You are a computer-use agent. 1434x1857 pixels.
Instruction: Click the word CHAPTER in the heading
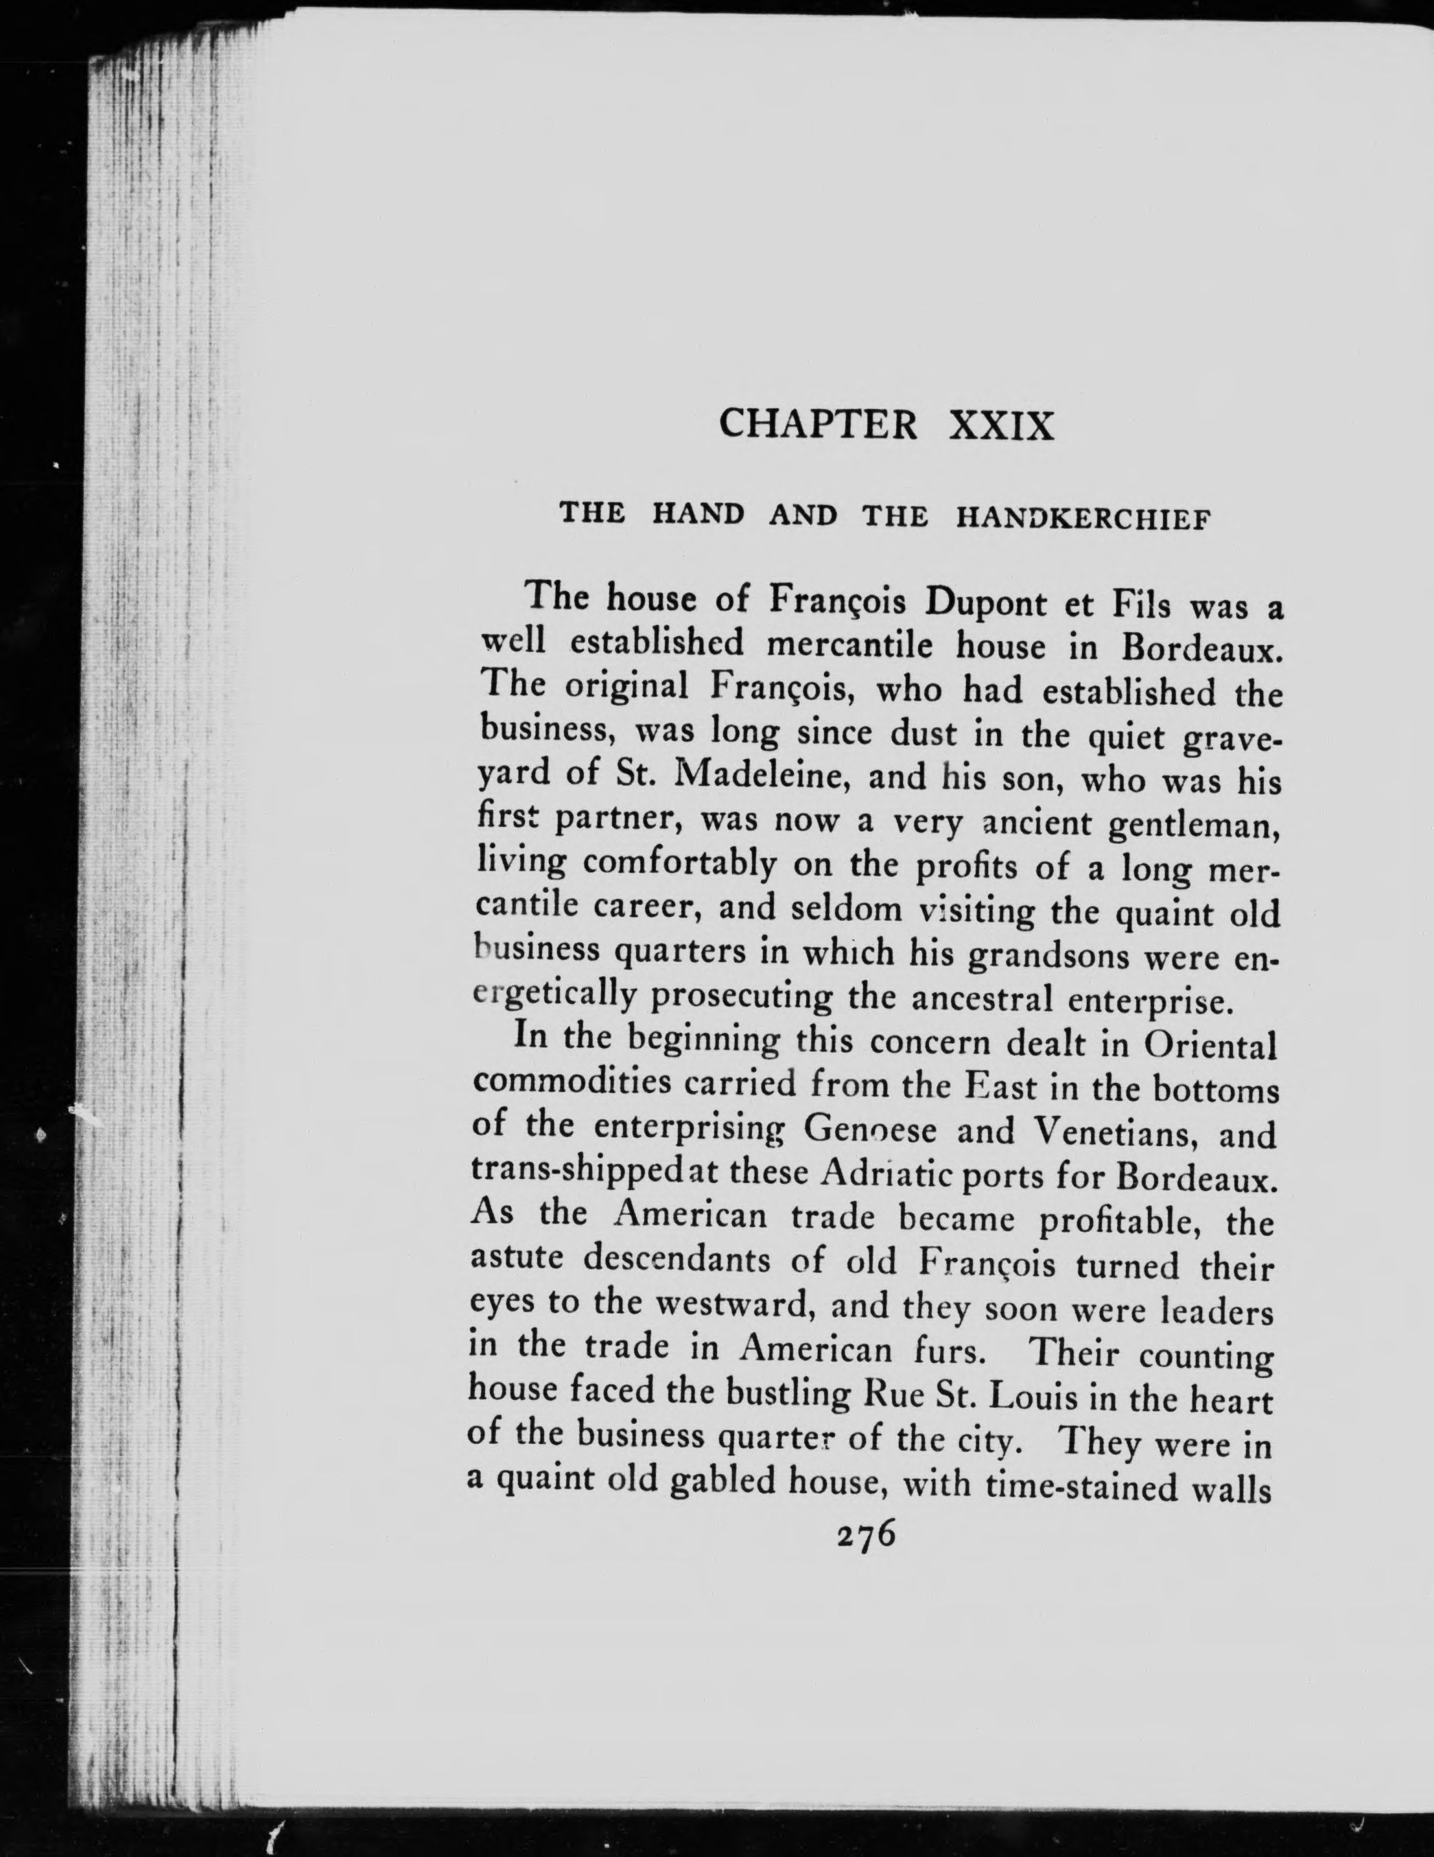pyautogui.click(x=818, y=424)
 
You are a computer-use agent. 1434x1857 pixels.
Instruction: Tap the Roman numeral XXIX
pyautogui.click(x=1000, y=424)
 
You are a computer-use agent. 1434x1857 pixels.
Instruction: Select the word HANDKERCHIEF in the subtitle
pyautogui.click(x=1082, y=518)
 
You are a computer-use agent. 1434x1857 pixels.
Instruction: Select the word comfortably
pyautogui.click(x=680, y=865)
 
